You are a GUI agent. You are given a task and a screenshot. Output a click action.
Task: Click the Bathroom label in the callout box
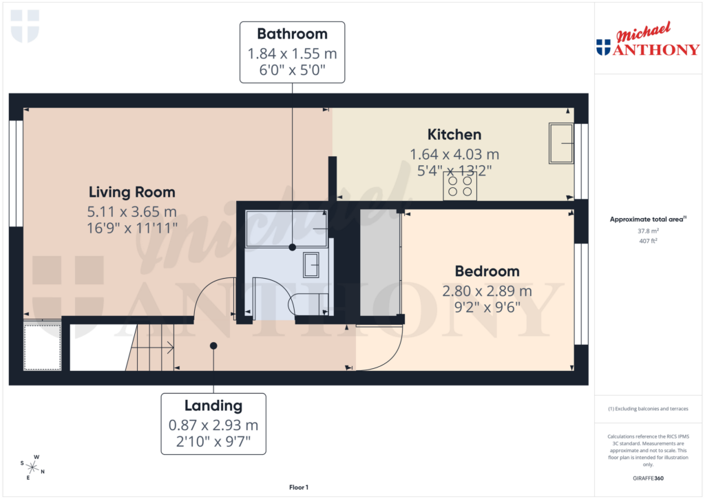coord(292,34)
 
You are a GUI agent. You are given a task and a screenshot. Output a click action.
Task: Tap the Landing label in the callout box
coord(213,406)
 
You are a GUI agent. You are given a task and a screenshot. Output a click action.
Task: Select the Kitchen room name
coord(454,134)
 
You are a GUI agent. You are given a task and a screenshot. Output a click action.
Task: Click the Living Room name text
coord(131,192)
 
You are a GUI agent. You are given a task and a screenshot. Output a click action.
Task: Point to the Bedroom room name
coord(487,270)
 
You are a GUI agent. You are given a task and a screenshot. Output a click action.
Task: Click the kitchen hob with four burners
coord(460,186)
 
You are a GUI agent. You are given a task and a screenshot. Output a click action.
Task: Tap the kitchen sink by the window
coord(560,143)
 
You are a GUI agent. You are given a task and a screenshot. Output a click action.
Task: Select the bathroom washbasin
coord(311,263)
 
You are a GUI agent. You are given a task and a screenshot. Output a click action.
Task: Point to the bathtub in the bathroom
coord(286,228)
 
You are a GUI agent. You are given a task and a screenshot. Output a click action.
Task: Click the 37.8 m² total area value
coord(647,232)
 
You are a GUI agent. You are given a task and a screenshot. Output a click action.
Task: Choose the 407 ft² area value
coord(647,242)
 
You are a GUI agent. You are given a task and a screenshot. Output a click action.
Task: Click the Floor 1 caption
coord(299,487)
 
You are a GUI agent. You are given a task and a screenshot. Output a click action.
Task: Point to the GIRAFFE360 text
coord(647,478)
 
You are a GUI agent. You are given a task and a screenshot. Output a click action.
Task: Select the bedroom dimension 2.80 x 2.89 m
coord(487,291)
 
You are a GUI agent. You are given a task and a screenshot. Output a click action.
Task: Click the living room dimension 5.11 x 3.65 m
coord(131,211)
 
